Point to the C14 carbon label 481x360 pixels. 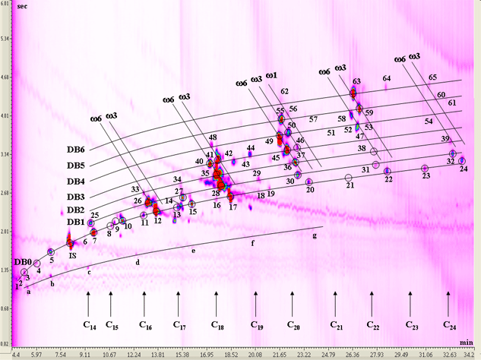point(90,326)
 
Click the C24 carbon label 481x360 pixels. point(449,324)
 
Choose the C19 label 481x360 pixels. point(257,324)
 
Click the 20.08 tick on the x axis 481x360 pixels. point(255,354)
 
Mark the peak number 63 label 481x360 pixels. point(356,81)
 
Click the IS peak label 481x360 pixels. point(72,256)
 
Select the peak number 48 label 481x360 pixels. point(214,137)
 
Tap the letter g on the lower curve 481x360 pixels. point(314,236)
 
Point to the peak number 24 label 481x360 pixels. point(464,169)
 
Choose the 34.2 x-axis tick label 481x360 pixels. point(471,354)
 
